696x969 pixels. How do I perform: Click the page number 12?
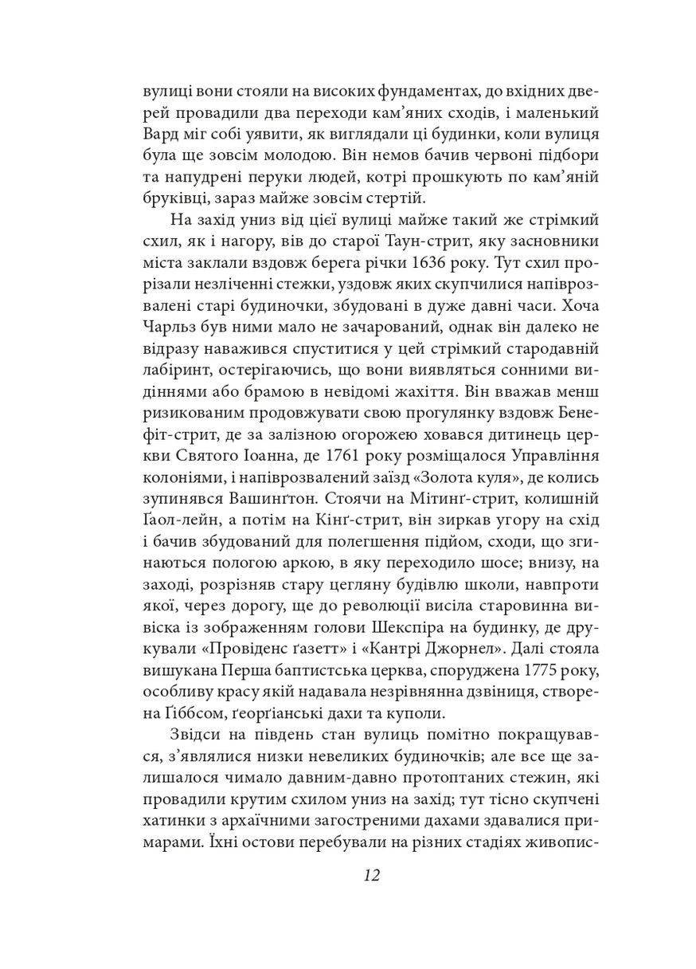point(370,875)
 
